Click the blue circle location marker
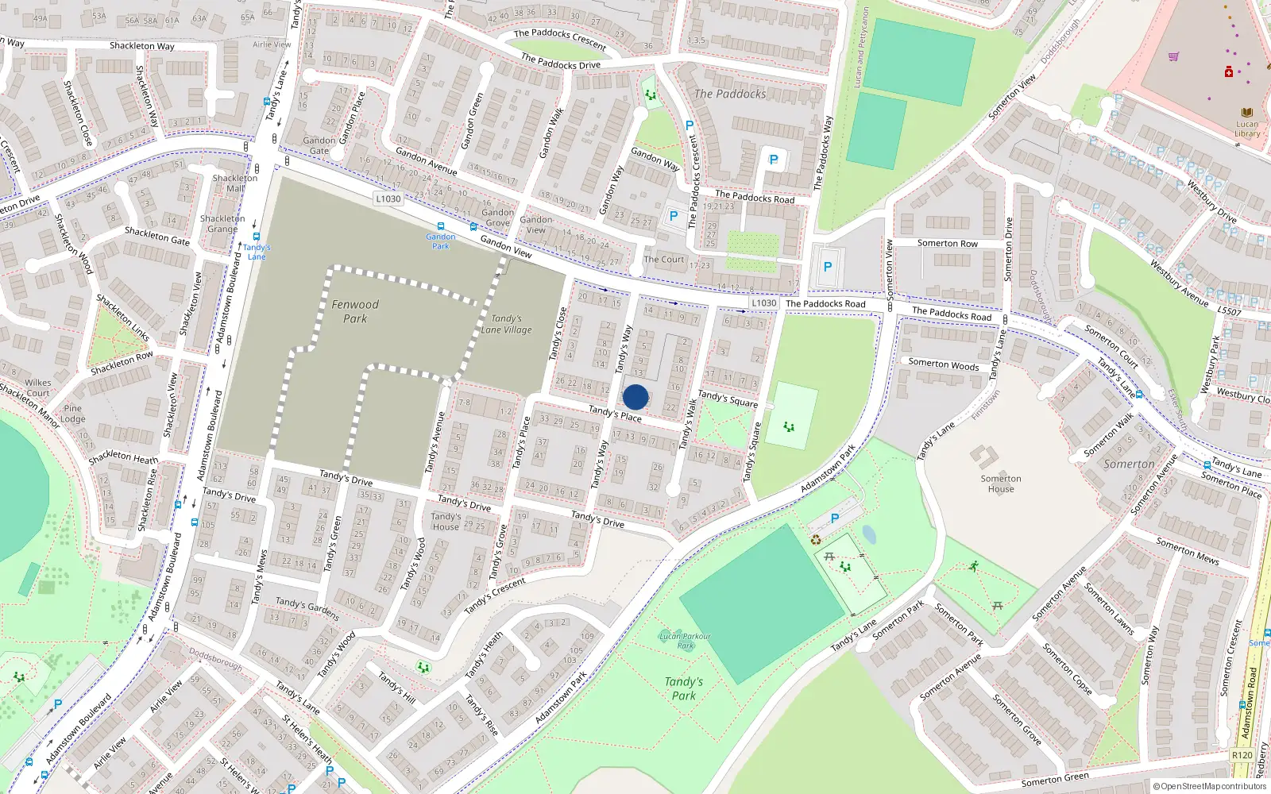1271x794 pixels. tap(635, 397)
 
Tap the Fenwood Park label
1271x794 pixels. tap(355, 311)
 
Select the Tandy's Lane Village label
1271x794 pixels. tap(507, 324)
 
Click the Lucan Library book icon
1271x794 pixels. tap(1246, 113)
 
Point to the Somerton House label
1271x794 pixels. tap(1001, 484)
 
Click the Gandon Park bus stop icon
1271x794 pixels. tap(441, 226)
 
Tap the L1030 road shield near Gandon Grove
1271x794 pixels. tap(388, 198)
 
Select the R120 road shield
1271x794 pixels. tap(1242, 755)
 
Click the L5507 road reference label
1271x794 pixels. tap(1229, 311)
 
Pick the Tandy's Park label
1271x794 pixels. tap(684, 688)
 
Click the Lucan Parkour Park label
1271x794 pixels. tap(685, 640)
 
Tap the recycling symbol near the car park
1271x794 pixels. tap(816, 540)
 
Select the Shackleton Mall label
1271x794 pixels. tap(235, 183)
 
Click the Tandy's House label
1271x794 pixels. tap(446, 521)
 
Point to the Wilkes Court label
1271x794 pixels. tap(37, 387)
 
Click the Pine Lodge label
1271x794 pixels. tap(72, 414)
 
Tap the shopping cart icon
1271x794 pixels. tap(1173, 56)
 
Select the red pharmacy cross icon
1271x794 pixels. tap(1229, 72)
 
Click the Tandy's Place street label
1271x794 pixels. tap(615, 414)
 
